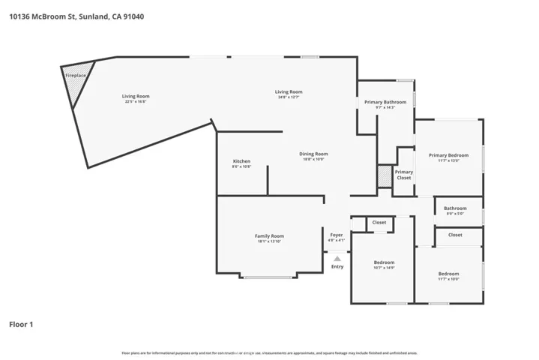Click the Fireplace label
click(74, 76)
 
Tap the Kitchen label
click(241, 161)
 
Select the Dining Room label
click(315, 154)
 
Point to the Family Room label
click(269, 235)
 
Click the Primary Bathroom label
click(385, 102)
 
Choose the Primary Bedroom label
click(448, 155)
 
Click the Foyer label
click(337, 235)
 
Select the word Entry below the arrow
click(337, 266)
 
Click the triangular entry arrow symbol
click(337, 257)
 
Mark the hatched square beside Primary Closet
click(385, 175)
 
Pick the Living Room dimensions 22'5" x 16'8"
click(136, 101)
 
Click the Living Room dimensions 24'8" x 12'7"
click(287, 97)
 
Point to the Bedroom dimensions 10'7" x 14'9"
click(384, 268)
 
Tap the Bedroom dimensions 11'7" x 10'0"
click(448, 279)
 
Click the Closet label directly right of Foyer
click(379, 222)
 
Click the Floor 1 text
click(21, 325)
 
